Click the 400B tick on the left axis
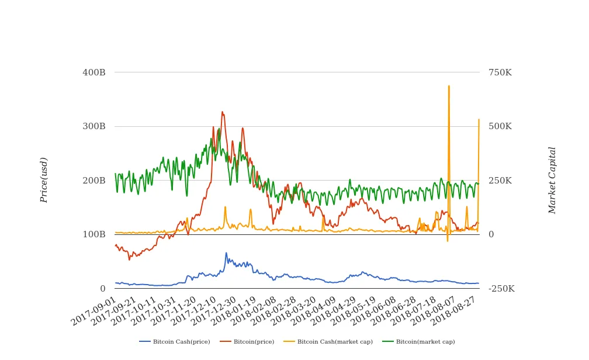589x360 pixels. (x=93, y=72)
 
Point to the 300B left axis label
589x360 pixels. (x=93, y=126)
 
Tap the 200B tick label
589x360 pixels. (x=93, y=181)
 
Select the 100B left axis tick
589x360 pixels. (x=93, y=234)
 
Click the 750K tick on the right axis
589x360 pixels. (x=500, y=72)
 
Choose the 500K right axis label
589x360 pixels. (x=500, y=126)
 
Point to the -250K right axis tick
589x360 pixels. (x=501, y=289)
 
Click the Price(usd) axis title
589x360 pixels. (x=44, y=180)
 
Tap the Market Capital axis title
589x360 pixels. (x=552, y=180)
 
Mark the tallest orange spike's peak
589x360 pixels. (x=449, y=86)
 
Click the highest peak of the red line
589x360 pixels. (x=222, y=112)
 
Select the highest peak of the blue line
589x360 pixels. (x=226, y=253)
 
